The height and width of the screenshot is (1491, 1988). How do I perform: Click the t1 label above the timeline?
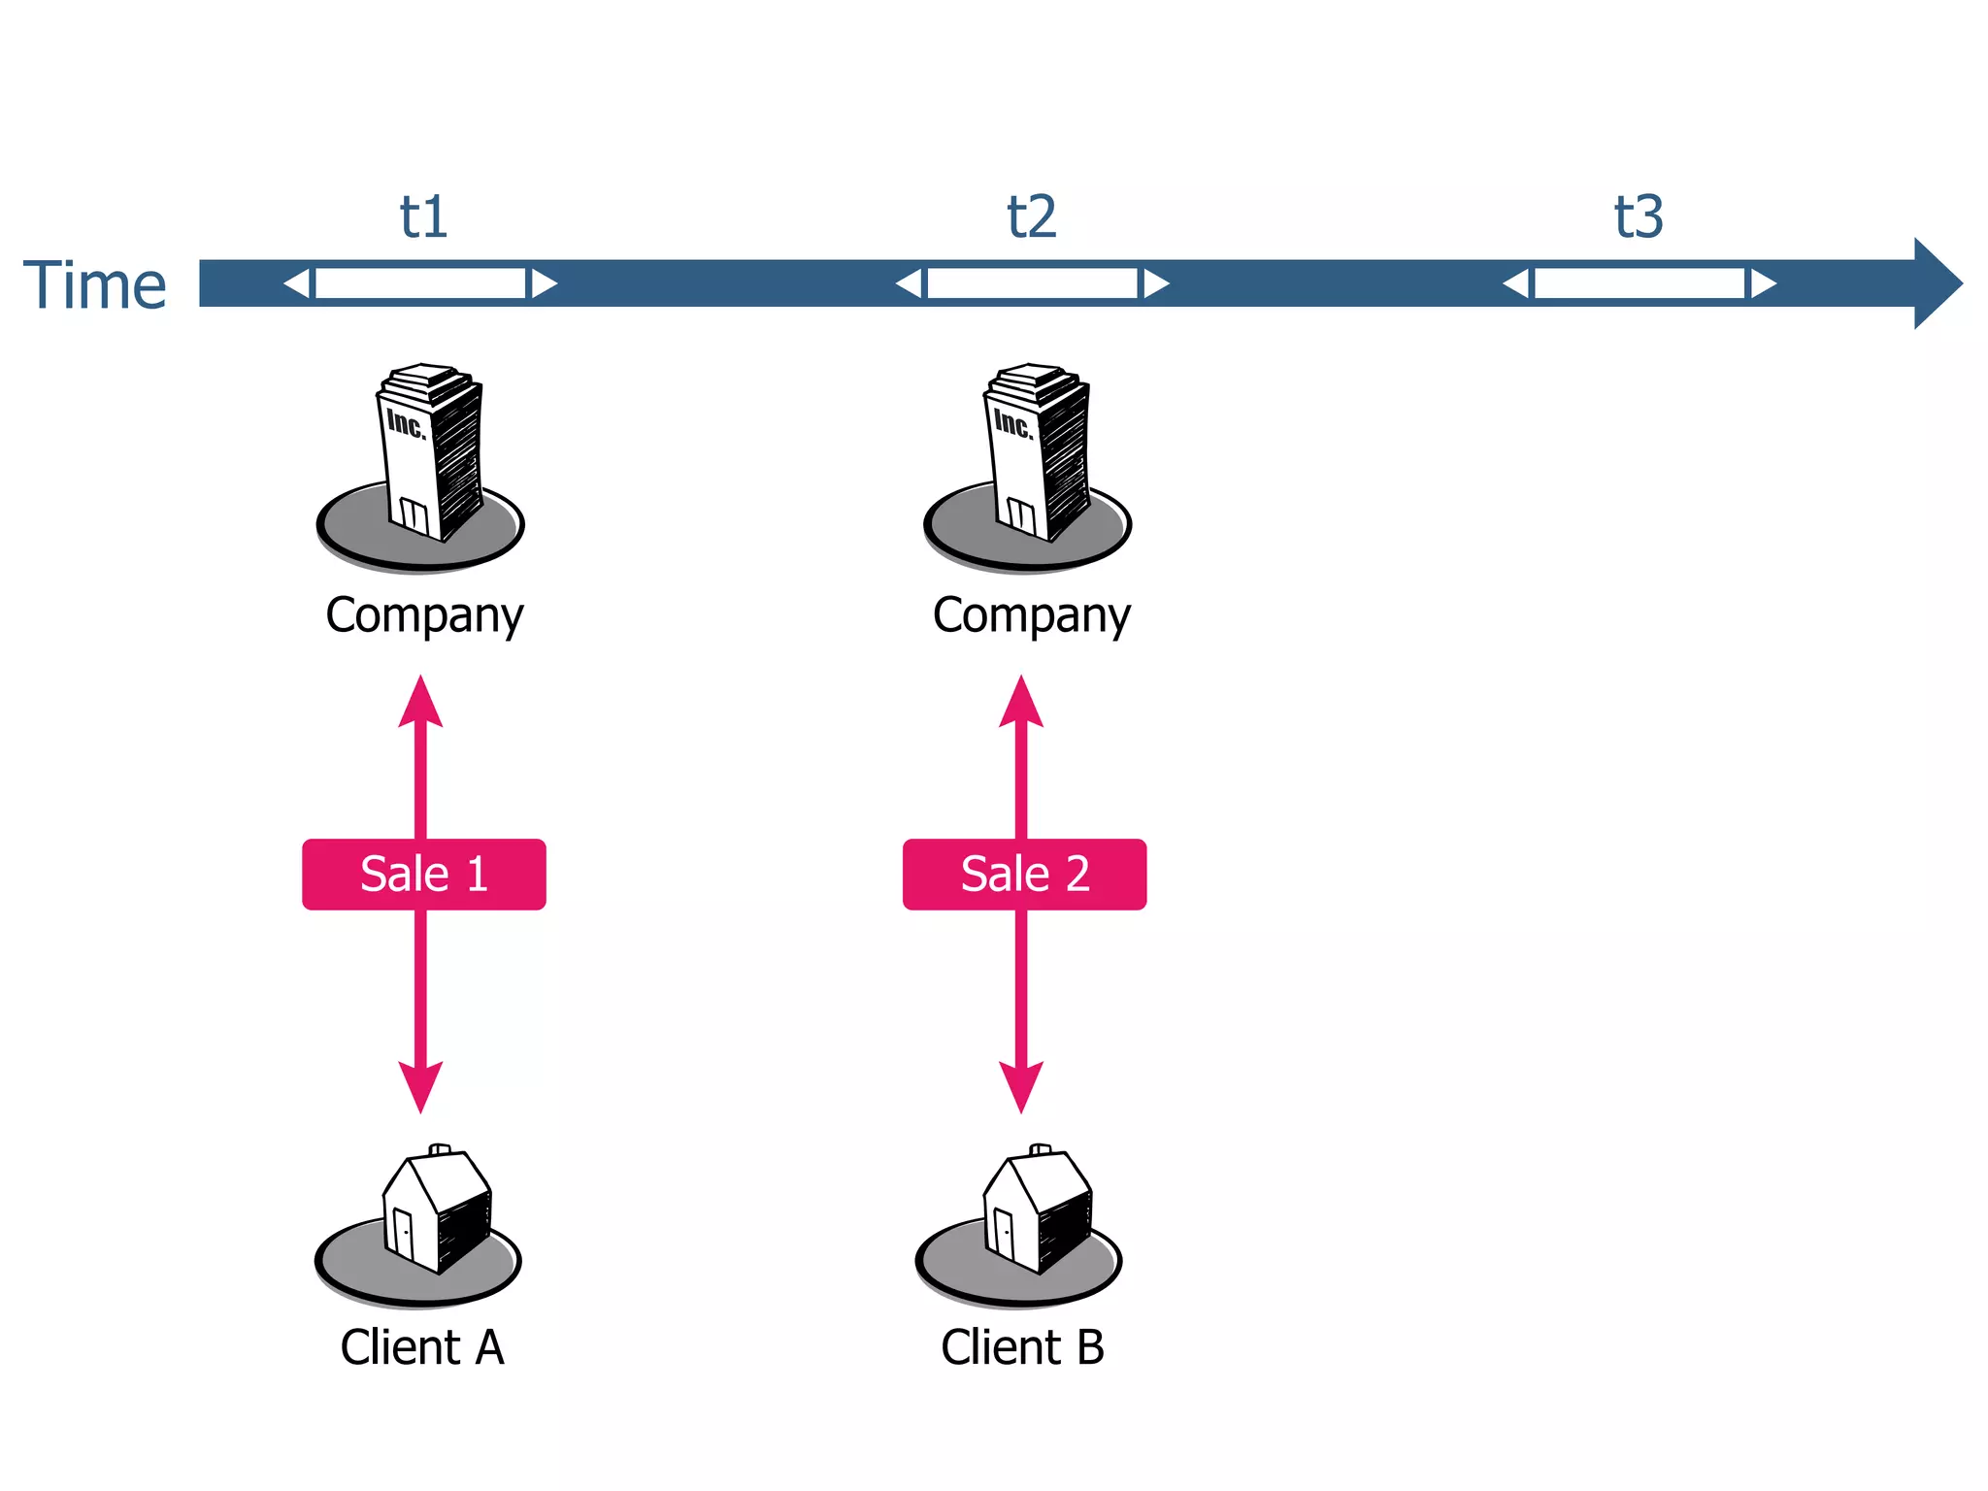423,217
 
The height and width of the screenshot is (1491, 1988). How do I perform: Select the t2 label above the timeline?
1031,217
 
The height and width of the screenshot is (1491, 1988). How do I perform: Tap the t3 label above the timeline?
1639,217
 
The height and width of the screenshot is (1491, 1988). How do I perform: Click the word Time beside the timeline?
95,286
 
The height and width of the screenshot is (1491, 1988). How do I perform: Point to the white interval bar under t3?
1639,283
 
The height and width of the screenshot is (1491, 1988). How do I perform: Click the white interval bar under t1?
420,283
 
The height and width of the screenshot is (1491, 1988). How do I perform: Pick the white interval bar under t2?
1032,283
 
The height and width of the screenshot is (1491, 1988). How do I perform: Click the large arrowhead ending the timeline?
1937,283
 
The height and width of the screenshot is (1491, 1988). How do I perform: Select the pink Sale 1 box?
423,874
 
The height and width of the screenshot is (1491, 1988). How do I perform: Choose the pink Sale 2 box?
1024,874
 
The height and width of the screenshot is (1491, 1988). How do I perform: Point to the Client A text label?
422,1347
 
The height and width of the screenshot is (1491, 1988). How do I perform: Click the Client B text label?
1022,1347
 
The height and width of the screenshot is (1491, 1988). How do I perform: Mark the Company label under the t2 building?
1031,615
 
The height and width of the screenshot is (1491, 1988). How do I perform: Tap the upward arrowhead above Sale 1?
420,704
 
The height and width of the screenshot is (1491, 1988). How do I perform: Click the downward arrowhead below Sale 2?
1021,1085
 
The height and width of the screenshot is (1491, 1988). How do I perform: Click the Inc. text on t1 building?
406,423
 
